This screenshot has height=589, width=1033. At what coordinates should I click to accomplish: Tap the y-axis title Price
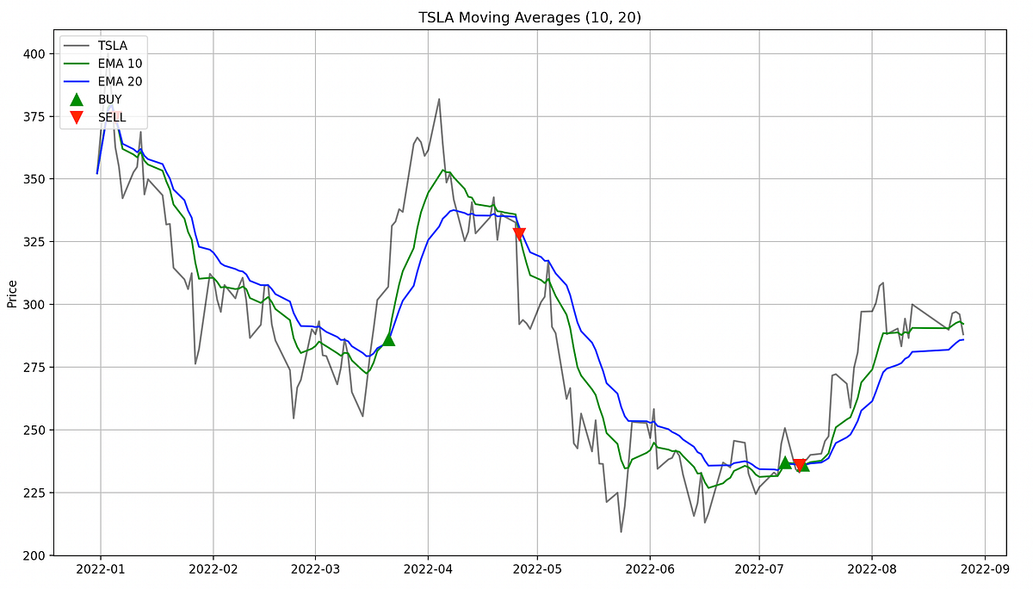click(12, 293)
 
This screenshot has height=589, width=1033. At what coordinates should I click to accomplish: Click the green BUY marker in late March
click(388, 339)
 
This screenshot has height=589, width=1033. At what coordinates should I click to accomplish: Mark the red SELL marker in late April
click(519, 234)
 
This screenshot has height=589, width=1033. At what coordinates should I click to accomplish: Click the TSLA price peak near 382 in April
click(439, 99)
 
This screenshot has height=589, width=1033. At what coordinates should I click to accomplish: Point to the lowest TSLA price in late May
click(621, 531)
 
